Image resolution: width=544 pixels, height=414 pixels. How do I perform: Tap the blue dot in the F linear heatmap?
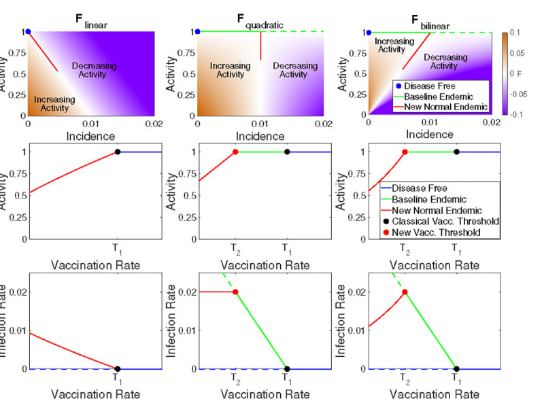28,31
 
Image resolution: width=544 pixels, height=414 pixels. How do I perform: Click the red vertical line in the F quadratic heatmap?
260,46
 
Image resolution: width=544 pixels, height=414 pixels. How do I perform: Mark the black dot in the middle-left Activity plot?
118,152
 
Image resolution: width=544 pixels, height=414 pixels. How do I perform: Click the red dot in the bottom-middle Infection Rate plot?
235,292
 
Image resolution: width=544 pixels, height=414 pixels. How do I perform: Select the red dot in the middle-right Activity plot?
405,152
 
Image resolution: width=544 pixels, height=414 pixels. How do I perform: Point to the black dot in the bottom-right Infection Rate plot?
456,368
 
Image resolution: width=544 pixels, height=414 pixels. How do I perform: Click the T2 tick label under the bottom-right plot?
405,379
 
